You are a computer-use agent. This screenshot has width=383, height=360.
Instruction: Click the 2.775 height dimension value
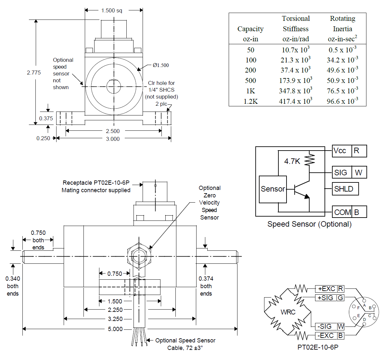coord(34,73)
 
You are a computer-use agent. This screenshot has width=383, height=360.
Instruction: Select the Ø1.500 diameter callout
coord(161,65)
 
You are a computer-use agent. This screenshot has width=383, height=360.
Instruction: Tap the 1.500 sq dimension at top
coord(112,10)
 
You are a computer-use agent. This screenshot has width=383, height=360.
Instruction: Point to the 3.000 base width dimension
coord(113,139)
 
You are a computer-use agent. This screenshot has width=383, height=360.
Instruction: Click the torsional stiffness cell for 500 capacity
coord(295,80)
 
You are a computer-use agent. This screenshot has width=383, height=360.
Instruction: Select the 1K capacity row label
coord(250,91)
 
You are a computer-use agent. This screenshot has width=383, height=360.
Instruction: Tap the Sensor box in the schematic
coord(273,189)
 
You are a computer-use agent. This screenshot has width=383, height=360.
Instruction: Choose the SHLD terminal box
coord(345,189)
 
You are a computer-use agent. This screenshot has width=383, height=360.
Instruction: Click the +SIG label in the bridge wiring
coord(326,298)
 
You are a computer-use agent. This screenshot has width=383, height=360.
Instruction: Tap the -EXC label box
coord(326,336)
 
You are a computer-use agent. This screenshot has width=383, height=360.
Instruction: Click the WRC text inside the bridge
coord(288,312)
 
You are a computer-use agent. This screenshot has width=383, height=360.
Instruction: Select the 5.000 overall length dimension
coord(115,329)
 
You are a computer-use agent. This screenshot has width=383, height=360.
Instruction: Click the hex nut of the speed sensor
coord(139,256)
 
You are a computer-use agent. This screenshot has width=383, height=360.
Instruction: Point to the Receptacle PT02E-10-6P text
coord(96,183)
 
